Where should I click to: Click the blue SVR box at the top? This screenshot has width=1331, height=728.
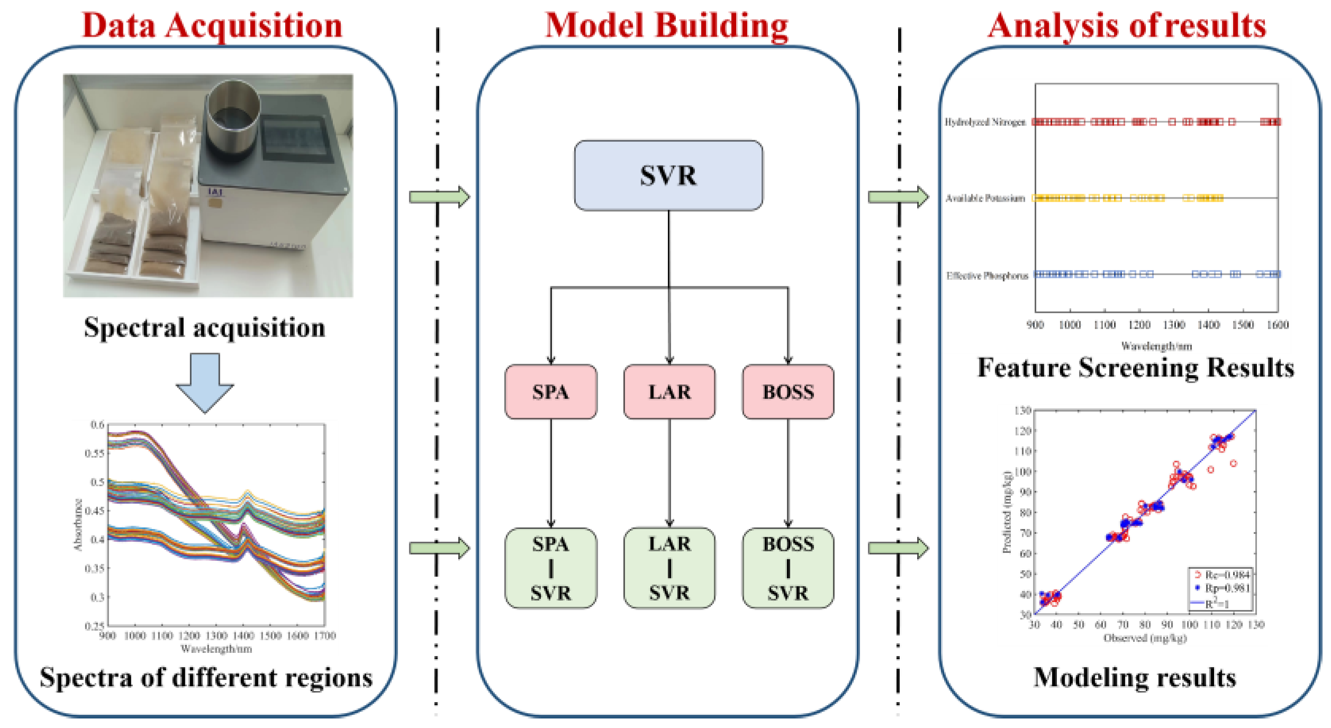pyautogui.click(x=668, y=176)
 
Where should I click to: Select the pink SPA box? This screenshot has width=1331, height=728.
pyautogui.click(x=550, y=392)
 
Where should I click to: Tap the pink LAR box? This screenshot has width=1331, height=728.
pyautogui.click(x=669, y=392)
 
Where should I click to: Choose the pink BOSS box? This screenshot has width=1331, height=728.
pyautogui.click(x=788, y=392)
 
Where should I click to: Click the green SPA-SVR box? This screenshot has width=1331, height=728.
pyautogui.click(x=550, y=568)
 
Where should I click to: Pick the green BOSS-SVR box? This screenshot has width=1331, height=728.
pyautogui.click(x=788, y=568)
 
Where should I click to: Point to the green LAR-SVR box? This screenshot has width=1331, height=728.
pyautogui.click(x=669, y=568)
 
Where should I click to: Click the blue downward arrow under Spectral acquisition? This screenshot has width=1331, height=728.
pyautogui.click(x=205, y=382)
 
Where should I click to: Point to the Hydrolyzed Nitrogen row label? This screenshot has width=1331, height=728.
pyautogui.click(x=985, y=122)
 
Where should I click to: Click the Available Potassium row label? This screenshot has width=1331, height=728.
pyautogui.click(x=985, y=198)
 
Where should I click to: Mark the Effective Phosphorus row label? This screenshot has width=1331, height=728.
pyautogui.click(x=987, y=276)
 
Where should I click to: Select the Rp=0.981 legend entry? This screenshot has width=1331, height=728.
pyautogui.click(x=1227, y=588)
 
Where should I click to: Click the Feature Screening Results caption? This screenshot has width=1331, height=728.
pyautogui.click(x=1135, y=368)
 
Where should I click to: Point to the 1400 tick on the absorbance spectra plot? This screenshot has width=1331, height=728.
pyautogui.click(x=243, y=635)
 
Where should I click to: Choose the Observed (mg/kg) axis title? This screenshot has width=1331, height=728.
pyautogui.click(x=1145, y=638)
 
